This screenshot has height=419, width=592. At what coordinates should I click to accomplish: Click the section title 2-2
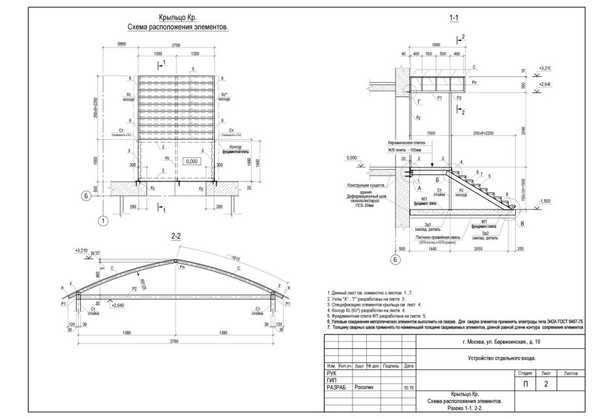176,237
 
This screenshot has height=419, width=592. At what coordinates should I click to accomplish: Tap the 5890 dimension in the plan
120,45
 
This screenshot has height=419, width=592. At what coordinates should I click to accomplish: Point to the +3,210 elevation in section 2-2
81,249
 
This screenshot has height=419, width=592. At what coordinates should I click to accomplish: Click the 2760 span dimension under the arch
176,344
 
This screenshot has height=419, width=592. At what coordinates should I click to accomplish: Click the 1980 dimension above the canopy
436,44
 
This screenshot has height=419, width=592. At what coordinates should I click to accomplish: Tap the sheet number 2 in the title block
546,385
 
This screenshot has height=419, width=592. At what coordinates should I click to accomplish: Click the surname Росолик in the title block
364,386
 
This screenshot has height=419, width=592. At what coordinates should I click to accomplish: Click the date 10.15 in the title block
409,387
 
